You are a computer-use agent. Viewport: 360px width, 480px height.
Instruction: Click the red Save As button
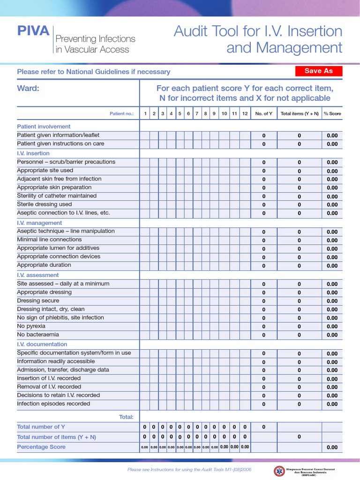pyautogui.click(x=319, y=71)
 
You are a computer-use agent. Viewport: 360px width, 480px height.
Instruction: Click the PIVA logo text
pyautogui.click(x=33, y=31)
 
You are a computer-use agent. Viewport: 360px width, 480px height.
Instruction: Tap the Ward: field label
pyautogui.click(x=28, y=88)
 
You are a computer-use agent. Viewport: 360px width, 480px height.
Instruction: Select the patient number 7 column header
pyautogui.click(x=197, y=113)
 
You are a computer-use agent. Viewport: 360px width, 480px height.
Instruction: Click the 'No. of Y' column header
pyautogui.click(x=263, y=113)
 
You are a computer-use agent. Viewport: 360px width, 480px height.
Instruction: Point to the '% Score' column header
pyautogui.click(x=332, y=113)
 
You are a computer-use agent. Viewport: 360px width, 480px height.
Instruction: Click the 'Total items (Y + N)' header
pyautogui.click(x=300, y=113)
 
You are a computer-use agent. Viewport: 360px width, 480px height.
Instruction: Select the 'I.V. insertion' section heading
pyautogui.click(x=33, y=153)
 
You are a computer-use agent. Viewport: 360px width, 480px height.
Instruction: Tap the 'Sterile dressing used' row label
pyautogui.click(x=45, y=204)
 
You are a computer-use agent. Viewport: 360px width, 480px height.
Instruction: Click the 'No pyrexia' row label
pyautogui.click(x=31, y=326)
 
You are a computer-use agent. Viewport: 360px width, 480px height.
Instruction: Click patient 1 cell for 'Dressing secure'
pyautogui.click(x=145, y=301)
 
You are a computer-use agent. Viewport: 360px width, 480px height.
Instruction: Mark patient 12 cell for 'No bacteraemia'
pyautogui.click(x=245, y=335)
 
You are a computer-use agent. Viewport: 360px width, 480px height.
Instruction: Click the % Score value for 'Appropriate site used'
pyautogui.click(x=332, y=171)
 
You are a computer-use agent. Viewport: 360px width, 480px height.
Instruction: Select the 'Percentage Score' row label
pyautogui.click(x=41, y=447)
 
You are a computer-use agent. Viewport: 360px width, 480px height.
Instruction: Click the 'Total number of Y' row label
pyautogui.click(x=41, y=427)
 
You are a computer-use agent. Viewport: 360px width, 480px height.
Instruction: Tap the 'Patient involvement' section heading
pyautogui.click(x=44, y=127)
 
